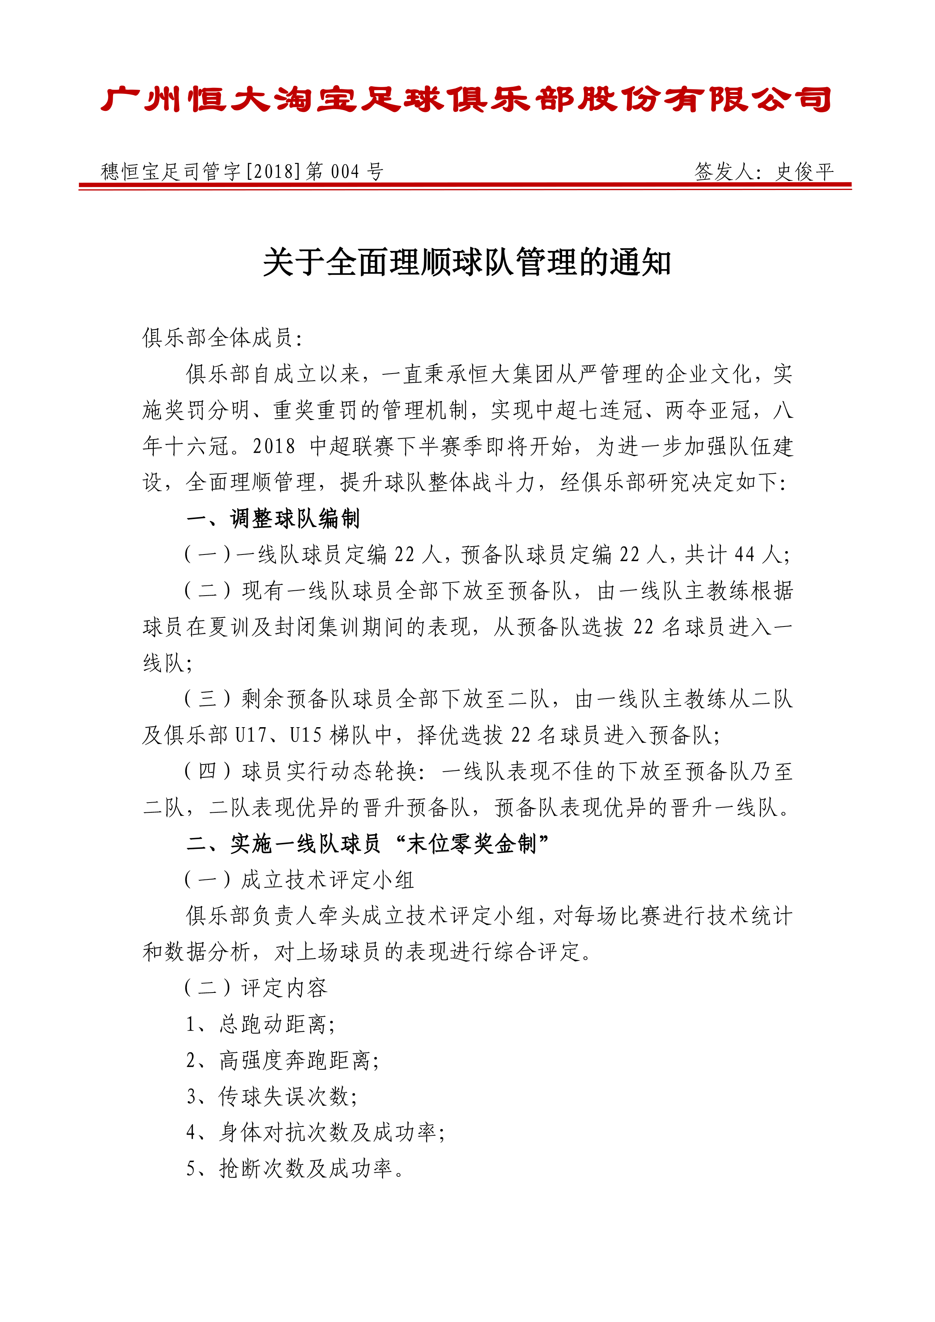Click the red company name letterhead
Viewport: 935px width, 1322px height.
point(466,99)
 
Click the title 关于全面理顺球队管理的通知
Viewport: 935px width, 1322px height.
point(467,263)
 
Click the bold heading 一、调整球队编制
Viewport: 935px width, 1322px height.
point(273,519)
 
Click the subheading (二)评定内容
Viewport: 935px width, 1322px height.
point(256,988)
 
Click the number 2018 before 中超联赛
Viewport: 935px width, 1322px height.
point(273,447)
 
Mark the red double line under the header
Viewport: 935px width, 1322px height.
point(465,186)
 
